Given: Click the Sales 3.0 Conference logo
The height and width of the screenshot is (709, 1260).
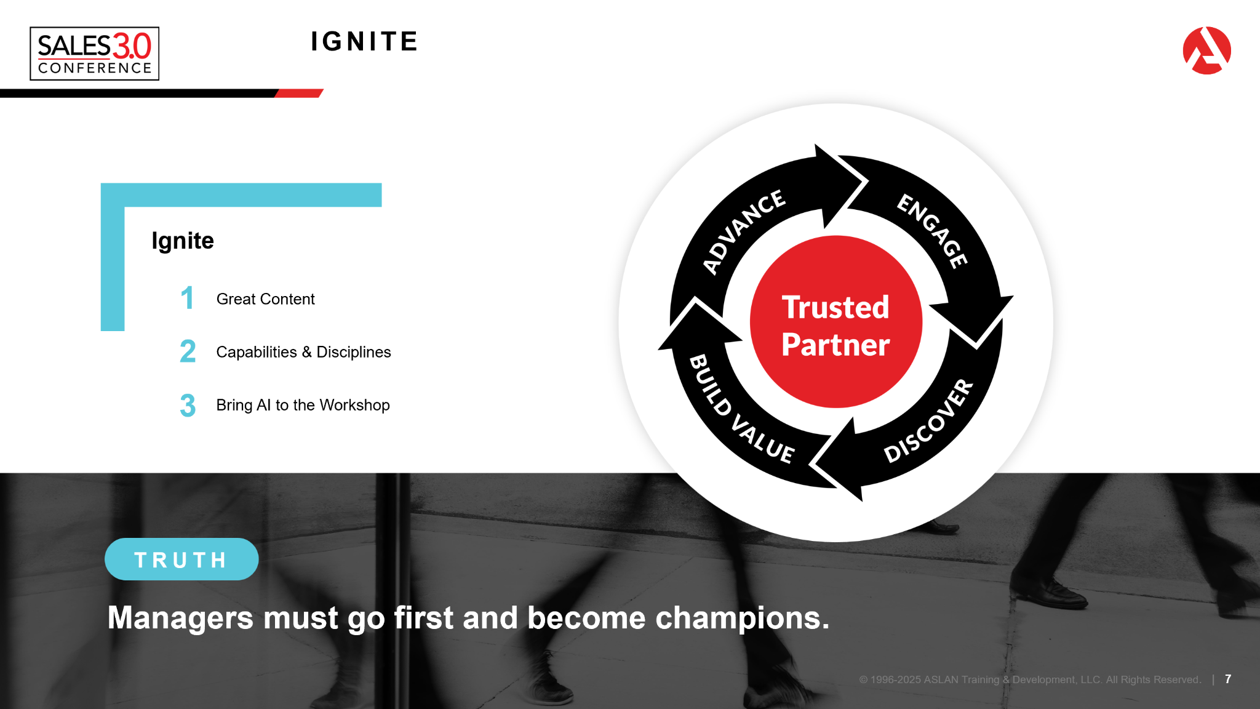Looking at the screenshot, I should click(x=94, y=54).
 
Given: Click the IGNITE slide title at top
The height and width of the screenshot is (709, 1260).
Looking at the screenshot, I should click(x=364, y=42).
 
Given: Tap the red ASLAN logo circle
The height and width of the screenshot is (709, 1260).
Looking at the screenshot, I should click(x=1206, y=50).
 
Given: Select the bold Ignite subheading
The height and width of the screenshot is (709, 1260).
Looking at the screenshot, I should click(x=183, y=241).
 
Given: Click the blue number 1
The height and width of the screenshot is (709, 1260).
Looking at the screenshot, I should click(x=187, y=298).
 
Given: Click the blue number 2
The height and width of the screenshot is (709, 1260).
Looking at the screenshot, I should click(x=188, y=352).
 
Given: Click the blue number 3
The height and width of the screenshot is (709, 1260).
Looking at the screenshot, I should click(x=188, y=406).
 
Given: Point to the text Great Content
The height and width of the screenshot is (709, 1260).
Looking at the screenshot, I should click(x=265, y=299).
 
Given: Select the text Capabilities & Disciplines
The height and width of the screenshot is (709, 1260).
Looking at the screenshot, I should click(x=303, y=352).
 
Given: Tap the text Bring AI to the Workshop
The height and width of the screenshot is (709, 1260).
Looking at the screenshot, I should click(x=303, y=405).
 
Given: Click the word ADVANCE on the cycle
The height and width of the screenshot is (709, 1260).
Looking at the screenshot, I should click(x=744, y=231).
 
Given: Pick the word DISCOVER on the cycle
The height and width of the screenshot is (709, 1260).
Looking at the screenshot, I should click(x=929, y=422).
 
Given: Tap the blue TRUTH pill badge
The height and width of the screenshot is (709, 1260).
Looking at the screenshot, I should click(x=181, y=559).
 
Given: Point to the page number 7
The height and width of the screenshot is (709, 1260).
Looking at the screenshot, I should click(x=1228, y=679).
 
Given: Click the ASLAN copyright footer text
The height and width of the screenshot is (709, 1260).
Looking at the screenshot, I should click(x=1030, y=679).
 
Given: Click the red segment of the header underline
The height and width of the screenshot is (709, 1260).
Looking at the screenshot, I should click(x=299, y=94).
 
